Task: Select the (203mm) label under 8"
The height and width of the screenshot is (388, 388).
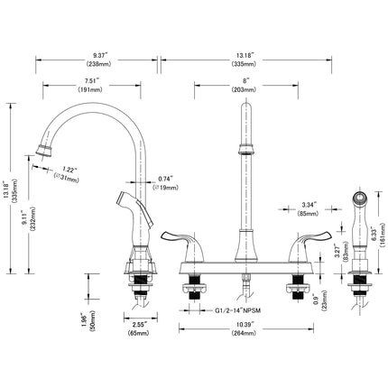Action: pos(244,89)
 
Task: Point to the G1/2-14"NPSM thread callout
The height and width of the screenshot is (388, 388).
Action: pos(237,310)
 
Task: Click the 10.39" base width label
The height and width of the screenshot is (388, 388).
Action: pos(245,324)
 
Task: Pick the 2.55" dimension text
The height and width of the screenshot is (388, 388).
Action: pos(140,324)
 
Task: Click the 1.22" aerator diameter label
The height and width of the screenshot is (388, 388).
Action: pos(69,170)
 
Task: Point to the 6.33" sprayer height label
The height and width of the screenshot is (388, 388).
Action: pos(374,234)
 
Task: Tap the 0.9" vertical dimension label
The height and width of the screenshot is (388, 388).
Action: pos(315,298)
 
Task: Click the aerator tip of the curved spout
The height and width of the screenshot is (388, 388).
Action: pos(44,150)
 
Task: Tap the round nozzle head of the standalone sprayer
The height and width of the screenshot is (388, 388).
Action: pos(360,198)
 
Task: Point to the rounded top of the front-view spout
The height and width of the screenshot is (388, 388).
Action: pos(246,106)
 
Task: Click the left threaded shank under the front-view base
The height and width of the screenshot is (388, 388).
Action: pos(195,288)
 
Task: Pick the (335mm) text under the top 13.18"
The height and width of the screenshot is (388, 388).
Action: pos(244,64)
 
